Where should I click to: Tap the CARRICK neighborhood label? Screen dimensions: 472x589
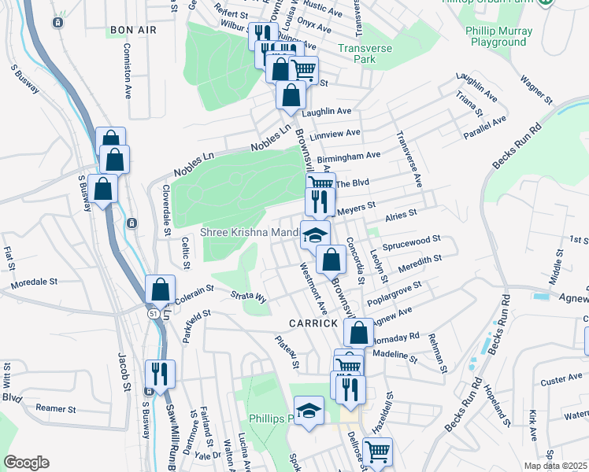313,323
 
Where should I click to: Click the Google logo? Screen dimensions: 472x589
26,463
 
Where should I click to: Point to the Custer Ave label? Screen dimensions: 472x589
562,379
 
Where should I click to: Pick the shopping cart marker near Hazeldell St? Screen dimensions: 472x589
377,452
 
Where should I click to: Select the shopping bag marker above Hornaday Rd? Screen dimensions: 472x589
358,333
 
